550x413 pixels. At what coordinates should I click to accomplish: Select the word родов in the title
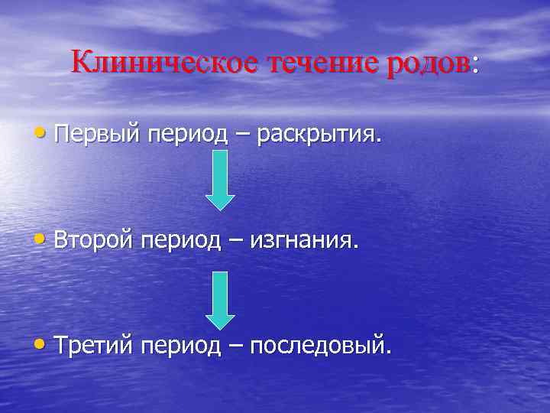429,62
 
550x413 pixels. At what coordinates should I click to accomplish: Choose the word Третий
96,346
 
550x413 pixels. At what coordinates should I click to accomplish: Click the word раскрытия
317,135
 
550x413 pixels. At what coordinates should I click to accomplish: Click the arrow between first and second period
220,180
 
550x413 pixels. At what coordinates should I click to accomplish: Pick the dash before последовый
238,347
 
